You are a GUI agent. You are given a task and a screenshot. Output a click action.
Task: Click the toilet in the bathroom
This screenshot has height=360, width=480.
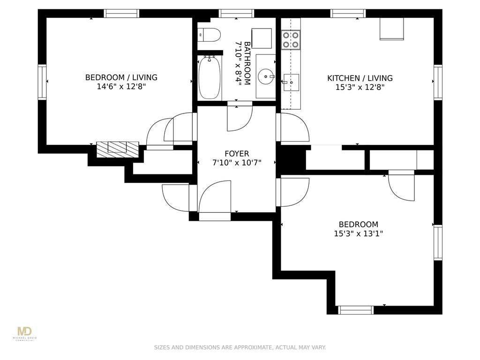point(210,35)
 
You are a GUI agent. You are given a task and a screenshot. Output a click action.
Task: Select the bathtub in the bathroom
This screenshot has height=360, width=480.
point(210,77)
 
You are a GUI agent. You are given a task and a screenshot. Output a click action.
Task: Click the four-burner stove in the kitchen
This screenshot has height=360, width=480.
point(291,40)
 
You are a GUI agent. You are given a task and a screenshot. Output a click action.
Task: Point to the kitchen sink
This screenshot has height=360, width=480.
point(291,82)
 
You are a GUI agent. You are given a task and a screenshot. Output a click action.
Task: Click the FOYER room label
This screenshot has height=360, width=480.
point(237,154)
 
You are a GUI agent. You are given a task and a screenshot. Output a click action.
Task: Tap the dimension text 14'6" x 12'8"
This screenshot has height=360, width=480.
point(121,87)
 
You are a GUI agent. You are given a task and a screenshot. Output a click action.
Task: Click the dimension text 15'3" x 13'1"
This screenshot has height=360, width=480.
point(359,233)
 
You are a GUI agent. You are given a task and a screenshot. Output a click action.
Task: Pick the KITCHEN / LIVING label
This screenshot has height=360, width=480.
point(360,78)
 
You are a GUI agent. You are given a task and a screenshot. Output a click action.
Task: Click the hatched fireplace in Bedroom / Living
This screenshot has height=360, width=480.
point(118,150)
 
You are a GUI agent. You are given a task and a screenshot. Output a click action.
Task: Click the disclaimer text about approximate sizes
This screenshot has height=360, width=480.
point(240,347)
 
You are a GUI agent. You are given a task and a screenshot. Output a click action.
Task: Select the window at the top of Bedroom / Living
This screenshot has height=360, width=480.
point(121,14)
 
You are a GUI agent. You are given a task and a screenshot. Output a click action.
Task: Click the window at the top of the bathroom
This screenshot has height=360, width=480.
point(236,14)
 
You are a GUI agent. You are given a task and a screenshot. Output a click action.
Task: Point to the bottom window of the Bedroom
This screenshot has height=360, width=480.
point(356,310)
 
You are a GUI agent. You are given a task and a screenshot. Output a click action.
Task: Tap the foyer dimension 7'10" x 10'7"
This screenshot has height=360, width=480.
point(237,163)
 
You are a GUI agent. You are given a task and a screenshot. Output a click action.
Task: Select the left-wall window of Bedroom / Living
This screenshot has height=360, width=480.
point(42,82)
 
